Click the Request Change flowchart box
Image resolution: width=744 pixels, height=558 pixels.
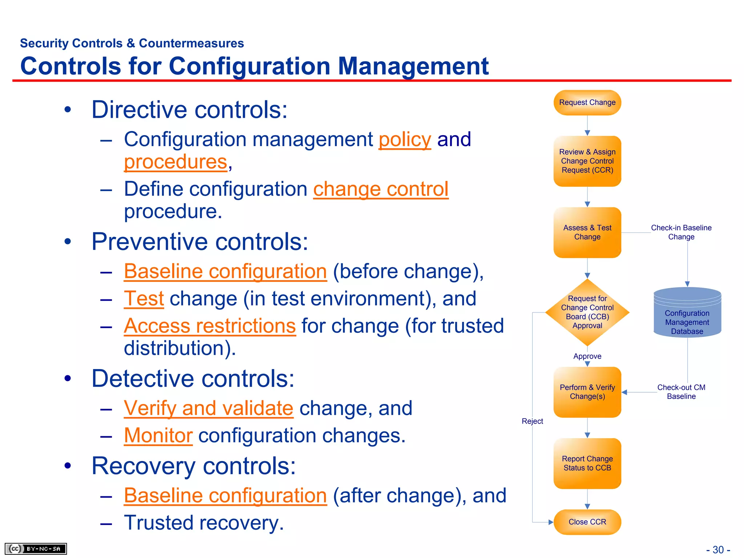(587, 103)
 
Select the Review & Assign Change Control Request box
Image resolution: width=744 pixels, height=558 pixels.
(587, 161)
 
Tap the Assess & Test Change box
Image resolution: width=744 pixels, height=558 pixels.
(587, 232)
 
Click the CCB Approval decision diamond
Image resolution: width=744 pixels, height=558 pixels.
(587, 312)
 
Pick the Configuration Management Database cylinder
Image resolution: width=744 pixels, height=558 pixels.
(687, 316)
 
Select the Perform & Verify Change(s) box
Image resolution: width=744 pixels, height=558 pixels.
(587, 392)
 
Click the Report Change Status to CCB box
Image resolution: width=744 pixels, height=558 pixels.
(587, 463)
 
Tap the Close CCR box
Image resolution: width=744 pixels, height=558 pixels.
(587, 522)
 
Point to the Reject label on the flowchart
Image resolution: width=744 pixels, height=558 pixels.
(532, 421)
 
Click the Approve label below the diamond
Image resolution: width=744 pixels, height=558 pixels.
(587, 356)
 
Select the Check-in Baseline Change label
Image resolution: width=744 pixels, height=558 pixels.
(681, 232)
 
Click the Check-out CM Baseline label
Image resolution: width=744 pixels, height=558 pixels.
(681, 392)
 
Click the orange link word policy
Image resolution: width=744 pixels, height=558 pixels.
(405, 140)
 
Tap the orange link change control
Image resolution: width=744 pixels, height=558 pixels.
(381, 190)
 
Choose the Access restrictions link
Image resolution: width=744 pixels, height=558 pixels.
(210, 326)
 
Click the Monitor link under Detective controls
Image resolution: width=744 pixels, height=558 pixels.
(158, 436)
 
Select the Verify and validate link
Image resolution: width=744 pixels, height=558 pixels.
(208, 408)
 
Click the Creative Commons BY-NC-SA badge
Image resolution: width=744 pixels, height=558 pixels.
(36, 549)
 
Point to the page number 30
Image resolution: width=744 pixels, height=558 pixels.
(718, 550)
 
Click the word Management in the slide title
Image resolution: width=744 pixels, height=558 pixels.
(413, 66)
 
